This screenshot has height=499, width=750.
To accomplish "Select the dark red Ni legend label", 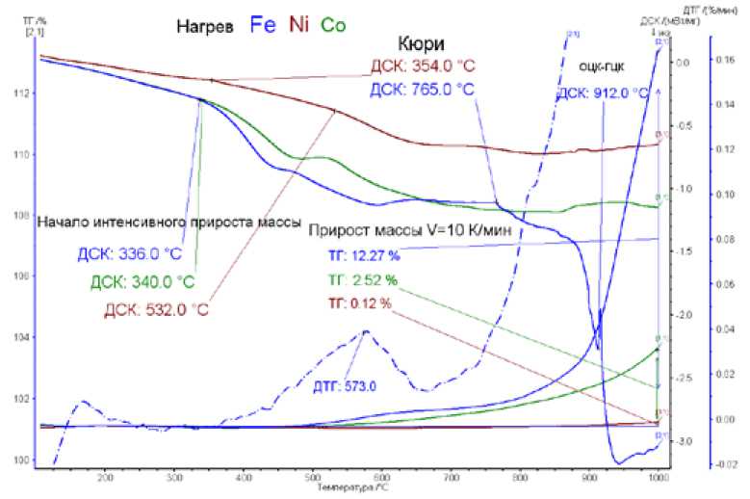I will click(299, 26).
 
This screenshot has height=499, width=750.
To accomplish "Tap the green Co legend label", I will click(336, 26).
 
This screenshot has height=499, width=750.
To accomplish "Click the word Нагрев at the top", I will click(204, 27).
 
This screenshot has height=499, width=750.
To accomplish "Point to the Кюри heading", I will click(420, 44).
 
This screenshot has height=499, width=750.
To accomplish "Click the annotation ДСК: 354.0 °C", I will click(424, 67).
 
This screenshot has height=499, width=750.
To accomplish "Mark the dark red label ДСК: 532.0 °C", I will click(157, 309).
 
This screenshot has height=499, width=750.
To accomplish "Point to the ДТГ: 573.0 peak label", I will click(344, 386).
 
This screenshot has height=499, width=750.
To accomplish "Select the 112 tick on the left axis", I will click(22, 93).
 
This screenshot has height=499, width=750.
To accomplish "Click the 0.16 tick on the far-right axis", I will click(729, 60).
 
